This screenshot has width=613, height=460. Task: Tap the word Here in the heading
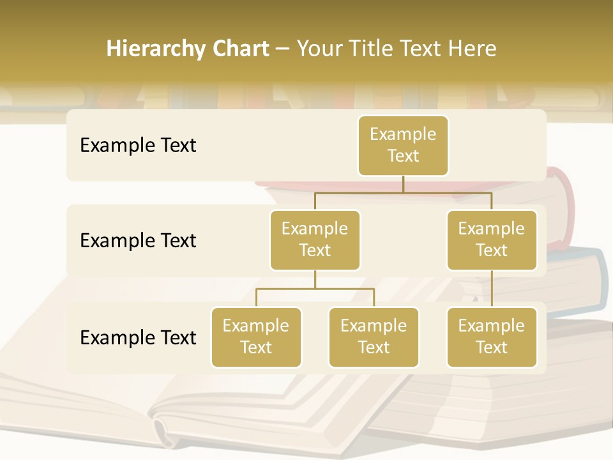[473, 49]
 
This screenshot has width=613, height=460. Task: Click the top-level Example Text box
[403, 146]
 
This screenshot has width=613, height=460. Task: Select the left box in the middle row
[315, 240]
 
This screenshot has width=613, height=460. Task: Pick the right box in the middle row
[492, 240]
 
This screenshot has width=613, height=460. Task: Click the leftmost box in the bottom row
[256, 337]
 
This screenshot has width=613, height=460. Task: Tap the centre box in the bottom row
[374, 337]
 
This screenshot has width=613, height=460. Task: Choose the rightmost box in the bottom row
[492, 337]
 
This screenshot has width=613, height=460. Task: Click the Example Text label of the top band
[138, 146]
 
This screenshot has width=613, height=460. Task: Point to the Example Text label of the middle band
[138, 241]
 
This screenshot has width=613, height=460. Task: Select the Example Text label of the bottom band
[138, 337]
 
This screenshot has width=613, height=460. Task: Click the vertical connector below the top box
[403, 184]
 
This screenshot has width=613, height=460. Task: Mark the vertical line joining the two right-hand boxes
[492, 289]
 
